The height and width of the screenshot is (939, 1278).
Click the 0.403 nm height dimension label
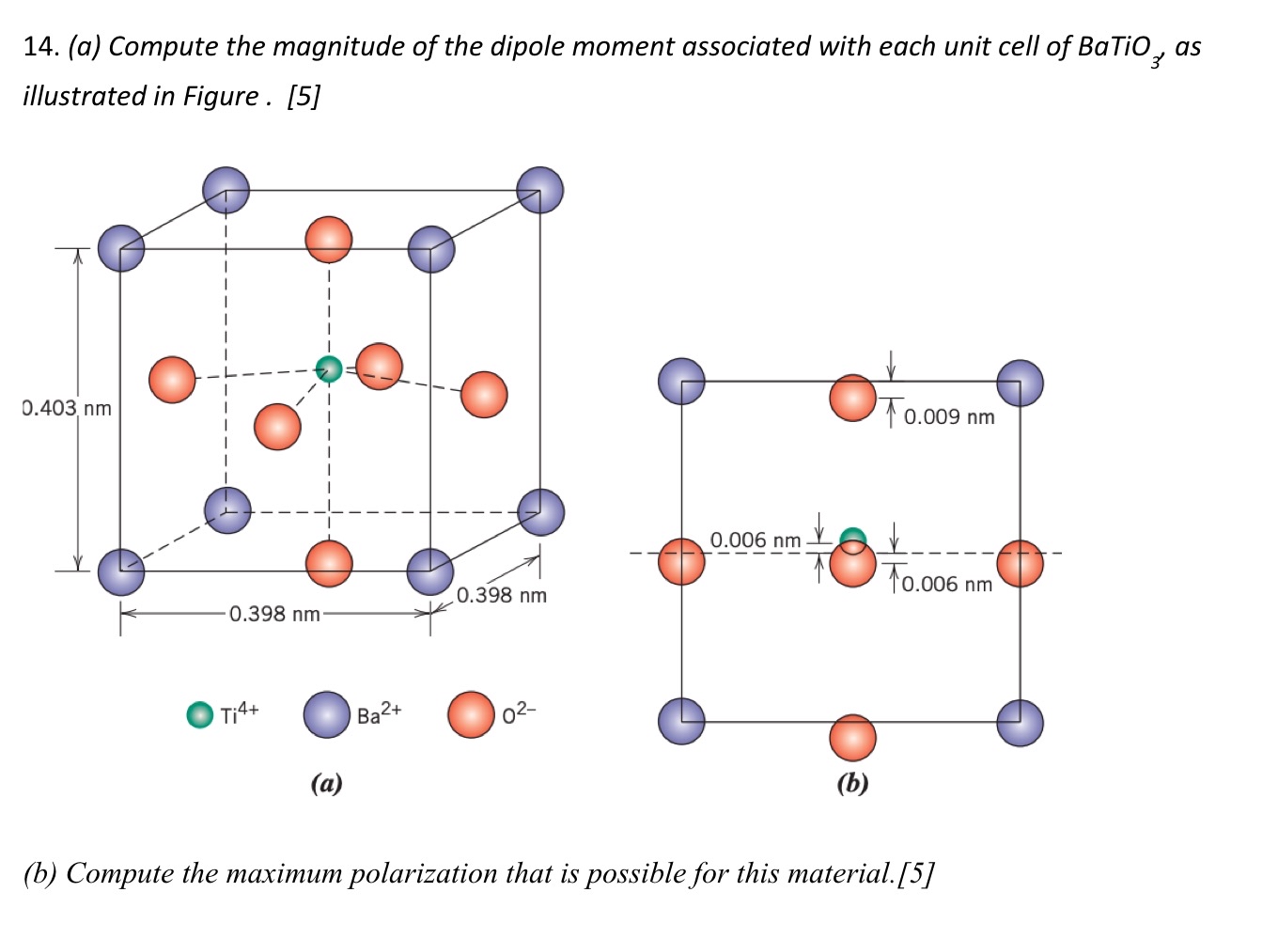[67, 408]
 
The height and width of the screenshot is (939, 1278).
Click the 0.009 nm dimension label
[949, 416]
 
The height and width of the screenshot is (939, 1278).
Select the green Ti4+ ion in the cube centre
[328, 369]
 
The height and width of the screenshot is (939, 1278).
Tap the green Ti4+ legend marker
[199, 715]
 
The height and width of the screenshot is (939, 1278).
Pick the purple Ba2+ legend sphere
[326, 714]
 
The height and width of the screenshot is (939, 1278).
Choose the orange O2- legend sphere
[471, 714]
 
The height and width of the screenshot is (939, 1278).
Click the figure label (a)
[326, 783]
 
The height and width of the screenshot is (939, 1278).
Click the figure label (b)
[852, 783]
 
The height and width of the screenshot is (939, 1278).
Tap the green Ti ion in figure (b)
[852, 539]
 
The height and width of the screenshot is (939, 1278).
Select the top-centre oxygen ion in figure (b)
[852, 398]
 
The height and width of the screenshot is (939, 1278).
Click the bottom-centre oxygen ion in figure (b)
[852, 737]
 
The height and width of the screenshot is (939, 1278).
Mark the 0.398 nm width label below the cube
[274, 614]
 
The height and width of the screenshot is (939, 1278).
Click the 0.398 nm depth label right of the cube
[502, 595]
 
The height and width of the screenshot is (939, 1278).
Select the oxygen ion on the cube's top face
[329, 239]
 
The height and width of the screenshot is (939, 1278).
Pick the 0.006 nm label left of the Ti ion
[755, 540]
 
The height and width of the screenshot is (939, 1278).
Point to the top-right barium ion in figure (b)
[1020, 383]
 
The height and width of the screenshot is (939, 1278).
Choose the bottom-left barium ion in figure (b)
[681, 721]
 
